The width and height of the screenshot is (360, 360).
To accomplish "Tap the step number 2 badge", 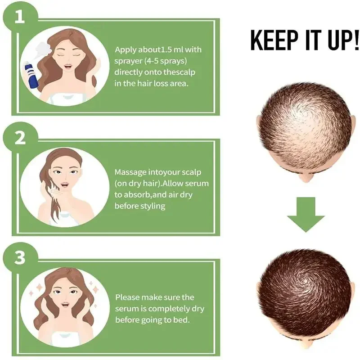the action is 20,139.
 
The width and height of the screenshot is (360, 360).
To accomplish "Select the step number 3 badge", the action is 20,258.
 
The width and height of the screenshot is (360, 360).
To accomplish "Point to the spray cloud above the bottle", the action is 43,50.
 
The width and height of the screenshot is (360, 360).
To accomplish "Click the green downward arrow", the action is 306,215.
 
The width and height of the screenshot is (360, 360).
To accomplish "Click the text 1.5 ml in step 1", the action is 171,49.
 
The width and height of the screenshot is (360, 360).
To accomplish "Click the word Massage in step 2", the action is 130,173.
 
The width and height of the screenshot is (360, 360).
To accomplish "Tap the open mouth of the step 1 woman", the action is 68,67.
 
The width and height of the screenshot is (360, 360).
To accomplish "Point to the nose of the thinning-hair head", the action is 306,178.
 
